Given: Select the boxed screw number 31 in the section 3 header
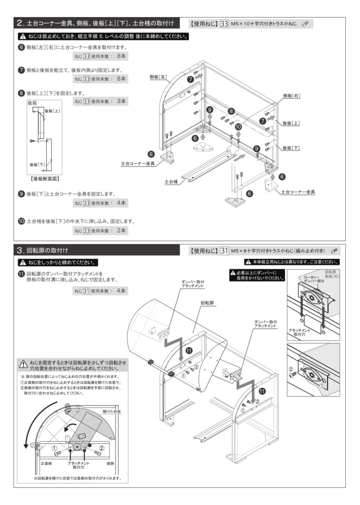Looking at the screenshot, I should pos(224,251).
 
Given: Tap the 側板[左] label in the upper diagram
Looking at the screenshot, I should pos(159,77).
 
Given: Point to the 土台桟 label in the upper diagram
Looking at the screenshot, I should pos(171,182).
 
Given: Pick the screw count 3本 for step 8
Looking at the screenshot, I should pos(121,101).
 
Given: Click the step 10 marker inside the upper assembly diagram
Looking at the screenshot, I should pos(238,127).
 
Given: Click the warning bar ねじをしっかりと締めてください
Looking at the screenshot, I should pos(58,262).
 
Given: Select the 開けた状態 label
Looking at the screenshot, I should pos(111,410).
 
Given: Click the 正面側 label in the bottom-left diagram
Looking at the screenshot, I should pos(46,464).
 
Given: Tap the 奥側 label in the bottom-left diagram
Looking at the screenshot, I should pos(110,464).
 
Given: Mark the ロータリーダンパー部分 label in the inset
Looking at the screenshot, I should pos(314,280).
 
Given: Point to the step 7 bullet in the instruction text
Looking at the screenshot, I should pos(21,70).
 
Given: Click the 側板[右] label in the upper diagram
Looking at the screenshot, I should pos(292,95).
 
